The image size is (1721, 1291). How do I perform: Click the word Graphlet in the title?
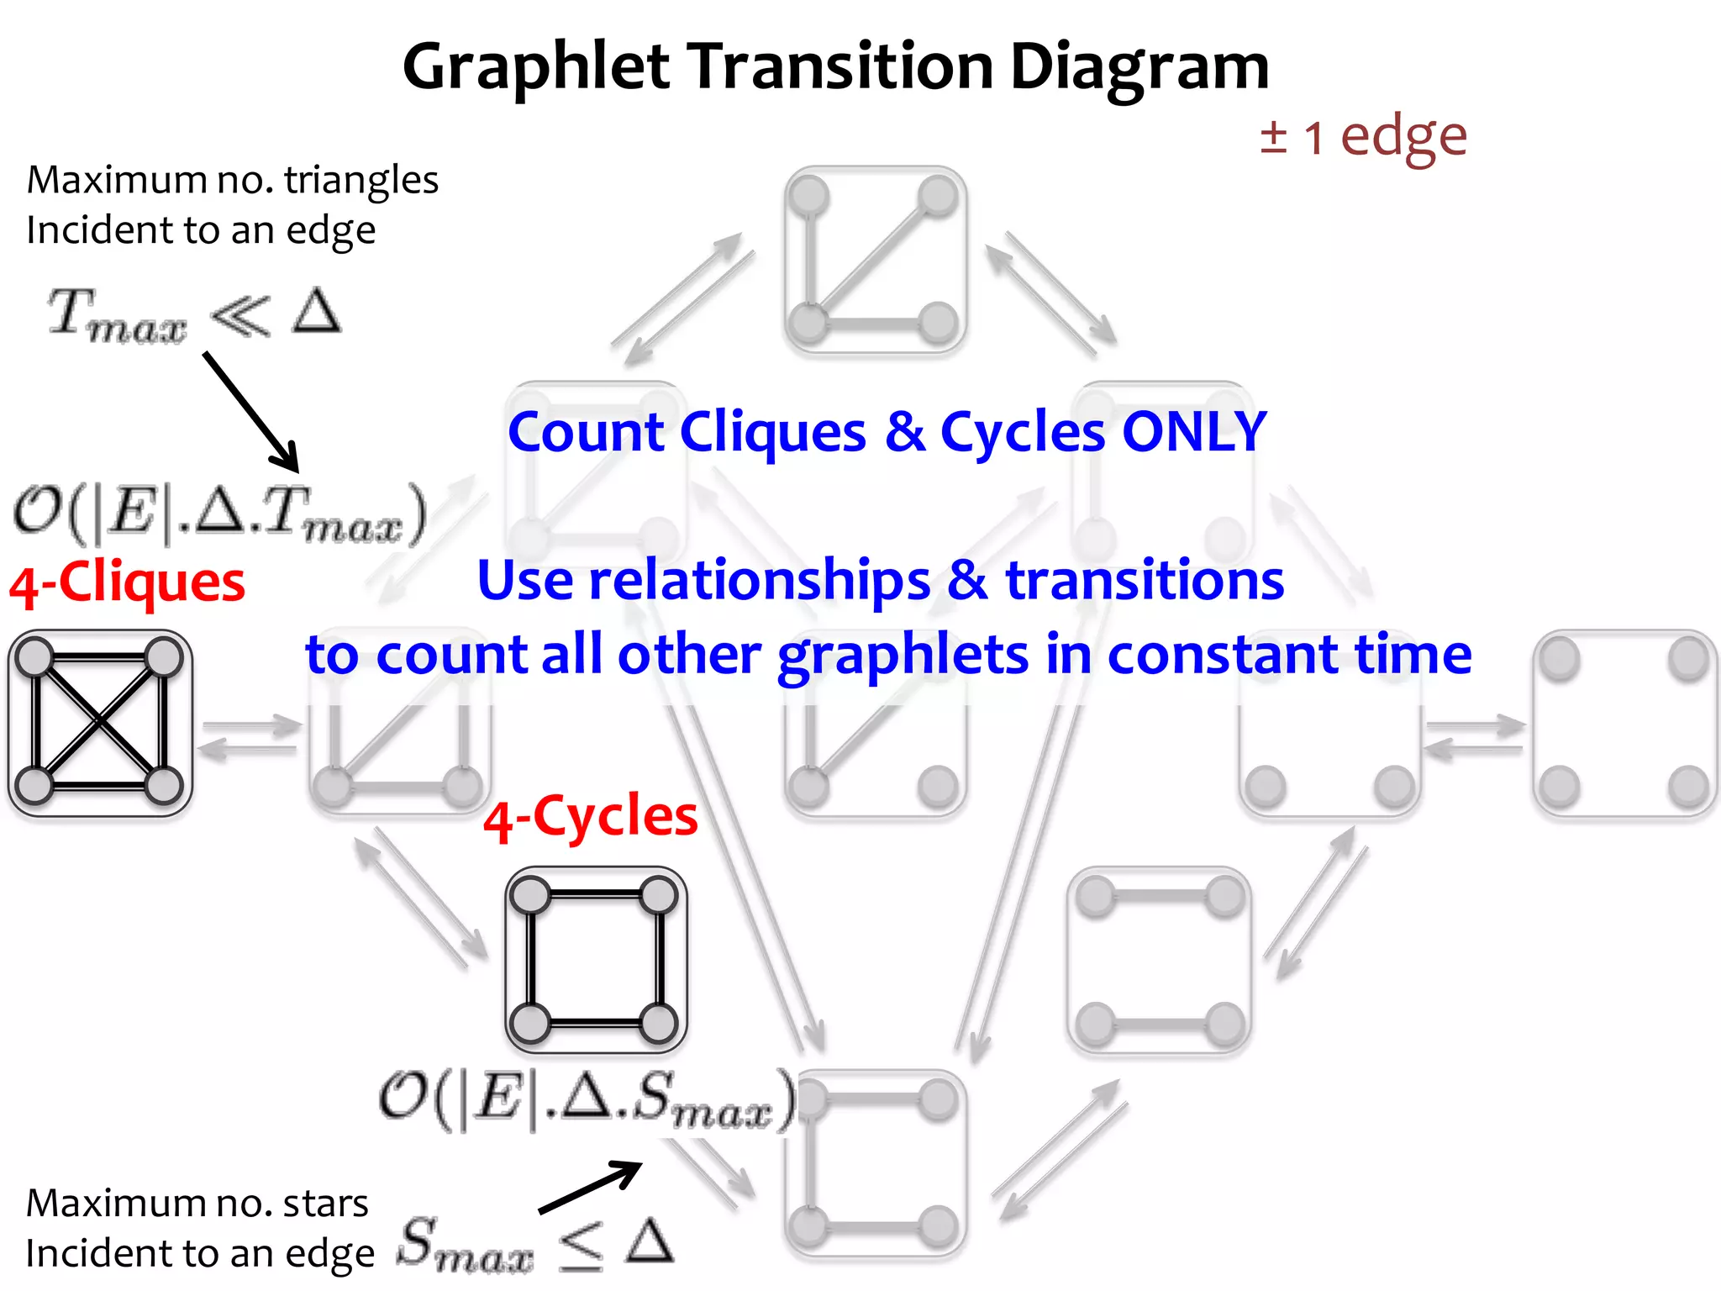536,67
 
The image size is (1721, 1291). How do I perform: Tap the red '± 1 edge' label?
1363,136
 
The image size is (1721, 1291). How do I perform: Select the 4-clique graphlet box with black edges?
100,723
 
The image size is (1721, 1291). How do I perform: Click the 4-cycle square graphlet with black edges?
596,960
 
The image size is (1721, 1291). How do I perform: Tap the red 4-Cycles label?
590,817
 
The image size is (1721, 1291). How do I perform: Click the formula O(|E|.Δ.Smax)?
587,1099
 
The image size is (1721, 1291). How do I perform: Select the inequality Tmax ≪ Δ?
194,315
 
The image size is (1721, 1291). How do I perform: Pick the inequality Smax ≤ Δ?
534,1244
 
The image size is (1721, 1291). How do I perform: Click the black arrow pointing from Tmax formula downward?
250,412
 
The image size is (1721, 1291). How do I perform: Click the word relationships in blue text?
761,580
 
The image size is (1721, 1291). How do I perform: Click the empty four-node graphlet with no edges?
1624,723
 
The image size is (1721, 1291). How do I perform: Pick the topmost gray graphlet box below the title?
874,259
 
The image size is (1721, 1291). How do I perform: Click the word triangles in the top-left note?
361,181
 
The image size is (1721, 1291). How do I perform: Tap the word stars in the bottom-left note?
325,1204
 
